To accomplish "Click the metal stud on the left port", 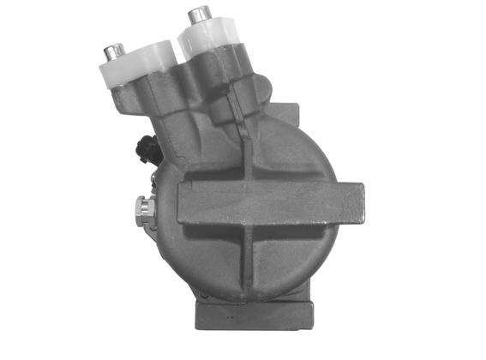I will click(x=111, y=52).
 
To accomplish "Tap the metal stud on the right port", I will click(x=202, y=15).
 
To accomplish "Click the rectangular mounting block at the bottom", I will click(x=252, y=316).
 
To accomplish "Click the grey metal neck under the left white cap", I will click(x=150, y=107).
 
